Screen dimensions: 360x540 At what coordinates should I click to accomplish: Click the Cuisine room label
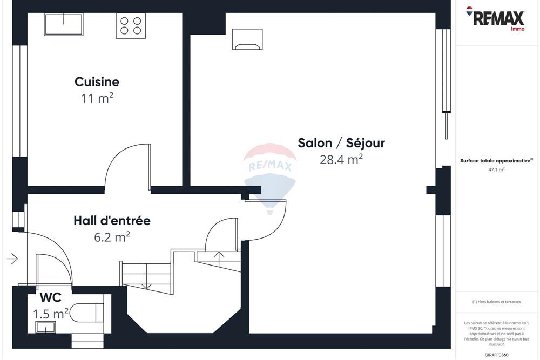(97, 82)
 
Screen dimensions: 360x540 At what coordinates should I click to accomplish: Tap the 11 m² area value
(97, 98)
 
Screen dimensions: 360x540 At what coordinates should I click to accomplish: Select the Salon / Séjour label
(341, 143)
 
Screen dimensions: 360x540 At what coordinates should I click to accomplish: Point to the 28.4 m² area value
(341, 160)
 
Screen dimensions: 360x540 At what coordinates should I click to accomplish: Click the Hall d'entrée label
(112, 221)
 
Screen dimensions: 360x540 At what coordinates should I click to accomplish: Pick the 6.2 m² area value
(112, 236)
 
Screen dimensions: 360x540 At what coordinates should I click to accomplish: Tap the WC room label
(50, 297)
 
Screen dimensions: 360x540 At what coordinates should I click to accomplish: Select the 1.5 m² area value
(50, 314)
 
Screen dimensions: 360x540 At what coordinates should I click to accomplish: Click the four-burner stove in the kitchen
(131, 25)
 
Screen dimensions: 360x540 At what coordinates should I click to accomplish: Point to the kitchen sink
(64, 25)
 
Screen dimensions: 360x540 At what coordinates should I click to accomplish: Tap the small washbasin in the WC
(45, 327)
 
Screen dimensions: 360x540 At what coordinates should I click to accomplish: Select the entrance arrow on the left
(12, 259)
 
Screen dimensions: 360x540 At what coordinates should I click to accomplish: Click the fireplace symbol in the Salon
(247, 39)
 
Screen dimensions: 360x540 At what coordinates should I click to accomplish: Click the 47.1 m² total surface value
(496, 169)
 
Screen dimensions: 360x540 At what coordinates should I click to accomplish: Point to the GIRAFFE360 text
(497, 355)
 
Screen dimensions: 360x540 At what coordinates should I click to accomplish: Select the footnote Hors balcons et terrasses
(496, 302)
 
